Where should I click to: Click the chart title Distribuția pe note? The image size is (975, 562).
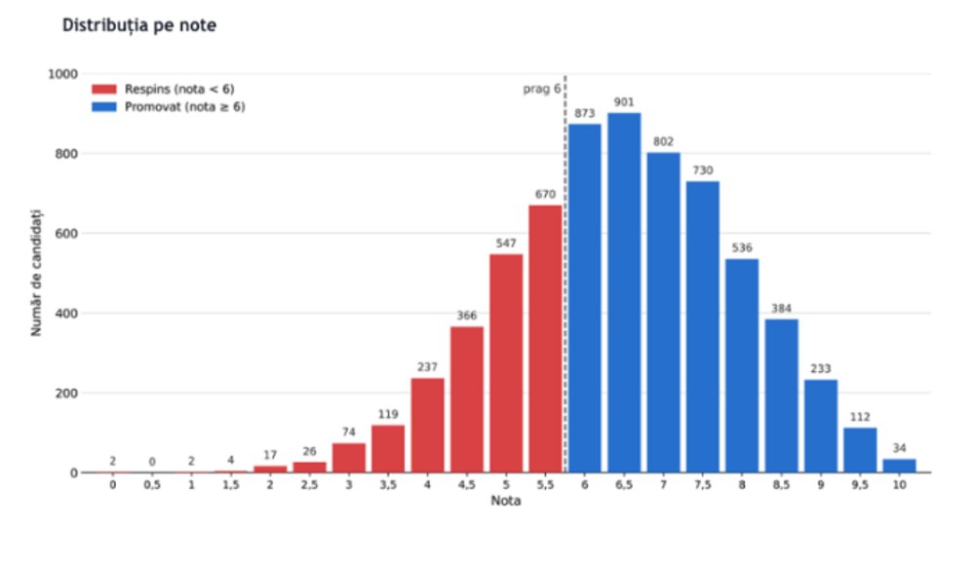click(139, 25)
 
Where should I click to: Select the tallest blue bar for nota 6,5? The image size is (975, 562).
click(624, 292)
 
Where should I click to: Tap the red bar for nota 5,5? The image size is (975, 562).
click(545, 339)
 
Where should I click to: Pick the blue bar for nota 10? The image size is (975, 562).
click(899, 466)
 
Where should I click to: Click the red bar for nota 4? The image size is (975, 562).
click(427, 426)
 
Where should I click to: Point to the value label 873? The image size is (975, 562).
click(584, 113)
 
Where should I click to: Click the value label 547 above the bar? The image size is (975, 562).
click(506, 244)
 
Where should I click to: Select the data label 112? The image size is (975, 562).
click(860, 417)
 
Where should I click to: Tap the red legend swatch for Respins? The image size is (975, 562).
click(104, 90)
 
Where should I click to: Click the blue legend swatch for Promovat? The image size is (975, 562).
click(104, 107)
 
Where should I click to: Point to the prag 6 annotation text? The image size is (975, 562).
click(541, 90)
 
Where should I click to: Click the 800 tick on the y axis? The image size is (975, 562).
click(66, 154)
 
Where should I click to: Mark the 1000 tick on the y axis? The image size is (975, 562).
click(63, 75)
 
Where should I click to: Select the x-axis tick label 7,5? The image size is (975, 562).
click(703, 485)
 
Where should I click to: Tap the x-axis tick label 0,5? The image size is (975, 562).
click(152, 485)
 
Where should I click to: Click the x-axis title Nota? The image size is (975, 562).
click(505, 501)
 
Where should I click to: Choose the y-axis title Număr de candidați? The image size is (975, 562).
click(37, 273)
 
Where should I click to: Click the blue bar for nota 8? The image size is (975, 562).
click(742, 366)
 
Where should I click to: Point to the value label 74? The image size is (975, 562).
click(348, 432)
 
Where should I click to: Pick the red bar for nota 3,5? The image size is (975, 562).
click(388, 449)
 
